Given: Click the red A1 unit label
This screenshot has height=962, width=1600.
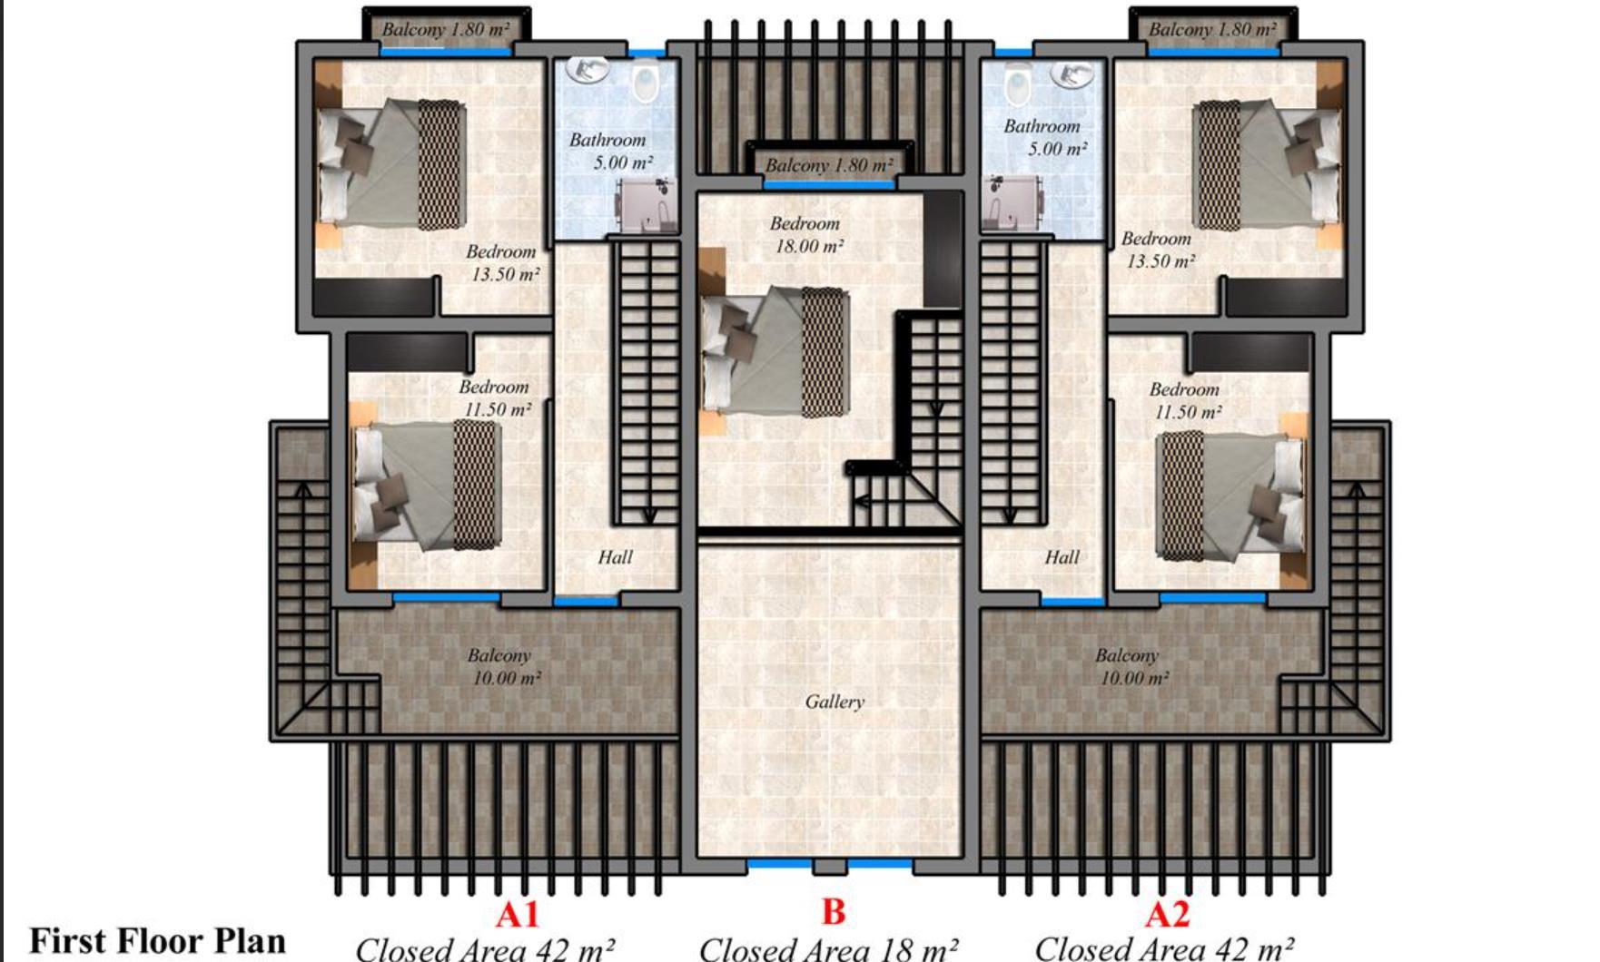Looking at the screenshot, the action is [518, 914].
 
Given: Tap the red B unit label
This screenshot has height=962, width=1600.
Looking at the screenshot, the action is [833, 911].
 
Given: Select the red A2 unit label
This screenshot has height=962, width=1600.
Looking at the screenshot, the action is [1167, 914].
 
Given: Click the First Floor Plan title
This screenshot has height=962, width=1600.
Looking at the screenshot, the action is [157, 941].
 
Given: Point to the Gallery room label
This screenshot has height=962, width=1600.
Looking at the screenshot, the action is [835, 702].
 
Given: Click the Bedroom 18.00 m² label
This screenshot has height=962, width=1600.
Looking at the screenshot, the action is [806, 234].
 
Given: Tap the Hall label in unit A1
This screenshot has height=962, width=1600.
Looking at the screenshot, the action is [615, 557].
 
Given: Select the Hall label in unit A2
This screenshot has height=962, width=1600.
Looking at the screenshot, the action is [1062, 557].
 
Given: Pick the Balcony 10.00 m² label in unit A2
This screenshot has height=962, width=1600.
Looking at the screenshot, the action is [1131, 666].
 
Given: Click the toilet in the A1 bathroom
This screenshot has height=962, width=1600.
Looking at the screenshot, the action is [645, 83].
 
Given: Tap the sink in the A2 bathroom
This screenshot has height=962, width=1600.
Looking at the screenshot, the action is [1072, 74].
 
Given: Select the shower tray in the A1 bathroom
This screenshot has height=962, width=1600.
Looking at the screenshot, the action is [647, 205].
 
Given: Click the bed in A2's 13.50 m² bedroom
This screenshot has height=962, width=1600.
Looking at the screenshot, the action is [1268, 164].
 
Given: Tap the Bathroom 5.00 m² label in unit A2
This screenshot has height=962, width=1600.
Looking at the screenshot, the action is [1044, 137].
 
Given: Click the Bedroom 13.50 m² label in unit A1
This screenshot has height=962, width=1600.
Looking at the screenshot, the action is [503, 262].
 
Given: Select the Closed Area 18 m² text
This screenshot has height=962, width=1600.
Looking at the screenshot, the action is [828, 948].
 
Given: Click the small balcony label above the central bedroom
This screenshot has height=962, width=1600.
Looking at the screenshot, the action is [829, 165].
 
